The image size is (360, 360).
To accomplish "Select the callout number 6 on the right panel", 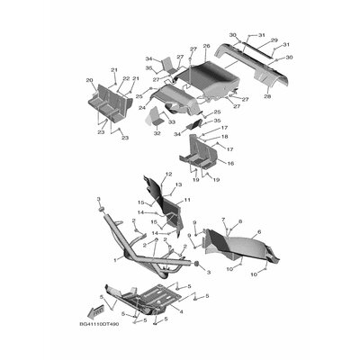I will pyautogui.click(x=259, y=231).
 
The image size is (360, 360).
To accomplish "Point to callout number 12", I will pyautogui.click(x=168, y=173).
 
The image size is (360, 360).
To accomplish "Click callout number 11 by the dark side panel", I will pyautogui.click(x=187, y=199).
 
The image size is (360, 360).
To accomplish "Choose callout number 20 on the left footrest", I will pyautogui.click(x=90, y=79).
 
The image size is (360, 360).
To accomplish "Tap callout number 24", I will pyautogui.click(x=142, y=107).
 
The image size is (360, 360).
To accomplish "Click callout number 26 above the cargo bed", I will pyautogui.click(x=206, y=46).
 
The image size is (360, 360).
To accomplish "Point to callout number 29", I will pyautogui.click(x=274, y=40).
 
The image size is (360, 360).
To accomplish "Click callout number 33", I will pyautogui.click(x=171, y=120).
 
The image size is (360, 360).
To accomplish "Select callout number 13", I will pyautogui.click(x=179, y=184).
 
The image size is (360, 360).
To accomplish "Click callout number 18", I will pyautogui.click(x=225, y=137).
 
